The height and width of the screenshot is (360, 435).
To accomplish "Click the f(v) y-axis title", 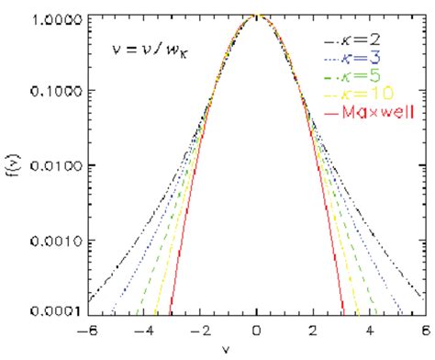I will (x=11, y=165).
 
